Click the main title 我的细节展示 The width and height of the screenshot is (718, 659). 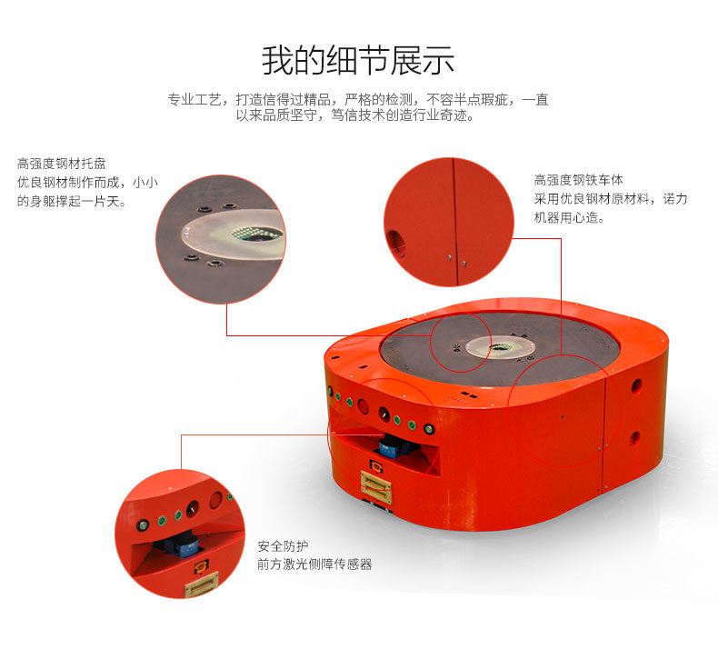(x=358, y=61)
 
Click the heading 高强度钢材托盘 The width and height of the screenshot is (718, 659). (x=62, y=164)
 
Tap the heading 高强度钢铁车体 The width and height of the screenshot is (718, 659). (x=578, y=180)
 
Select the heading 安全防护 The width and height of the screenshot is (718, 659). (x=283, y=546)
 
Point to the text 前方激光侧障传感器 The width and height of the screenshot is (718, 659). (x=314, y=564)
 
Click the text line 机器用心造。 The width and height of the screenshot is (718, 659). (x=569, y=217)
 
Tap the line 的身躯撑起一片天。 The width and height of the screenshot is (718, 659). (x=72, y=201)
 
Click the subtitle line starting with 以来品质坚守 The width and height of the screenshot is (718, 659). (x=355, y=115)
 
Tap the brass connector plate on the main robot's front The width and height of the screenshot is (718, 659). (x=376, y=486)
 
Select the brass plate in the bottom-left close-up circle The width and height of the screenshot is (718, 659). (x=201, y=585)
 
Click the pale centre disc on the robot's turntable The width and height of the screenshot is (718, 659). (x=501, y=346)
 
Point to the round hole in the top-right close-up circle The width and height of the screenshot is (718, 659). (x=394, y=243)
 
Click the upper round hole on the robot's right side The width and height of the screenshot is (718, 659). (x=636, y=386)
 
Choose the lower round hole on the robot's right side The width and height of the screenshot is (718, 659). (x=634, y=439)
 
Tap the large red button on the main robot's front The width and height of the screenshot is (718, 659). (x=364, y=406)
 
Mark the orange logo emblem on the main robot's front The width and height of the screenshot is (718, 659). (x=376, y=466)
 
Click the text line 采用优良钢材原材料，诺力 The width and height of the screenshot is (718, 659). (x=611, y=199)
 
